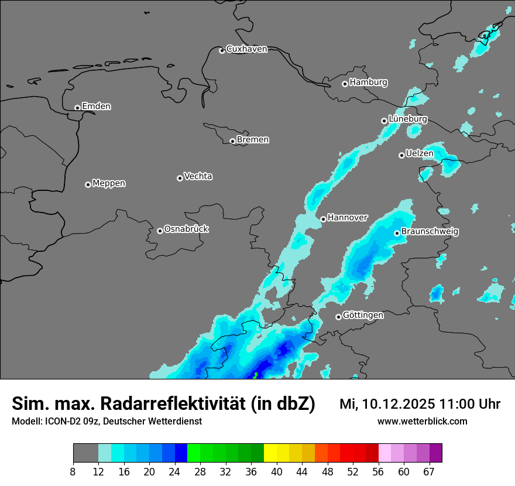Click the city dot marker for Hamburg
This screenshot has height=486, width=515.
tap(345, 84)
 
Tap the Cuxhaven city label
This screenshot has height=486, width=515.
tap(246, 49)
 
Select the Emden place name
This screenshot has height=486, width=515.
tap(96, 107)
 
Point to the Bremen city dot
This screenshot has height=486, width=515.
tap(232, 141)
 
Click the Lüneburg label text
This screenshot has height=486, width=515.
tap(408, 119)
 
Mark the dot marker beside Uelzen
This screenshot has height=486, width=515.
tap(401, 155)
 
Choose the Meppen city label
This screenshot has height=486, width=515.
tap(109, 183)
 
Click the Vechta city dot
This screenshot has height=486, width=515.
tap(180, 178)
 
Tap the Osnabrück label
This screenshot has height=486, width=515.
tap(186, 229)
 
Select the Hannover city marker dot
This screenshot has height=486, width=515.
tap(323, 219)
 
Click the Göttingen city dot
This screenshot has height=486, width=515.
tap(338, 317)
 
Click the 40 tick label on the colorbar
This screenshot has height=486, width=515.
tap(277, 472)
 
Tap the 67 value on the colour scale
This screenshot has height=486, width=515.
tap(429, 472)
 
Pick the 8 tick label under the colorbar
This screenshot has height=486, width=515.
tap(73, 472)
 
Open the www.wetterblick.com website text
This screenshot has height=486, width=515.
tap(423, 421)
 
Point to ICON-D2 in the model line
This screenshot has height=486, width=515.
tap(64, 421)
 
